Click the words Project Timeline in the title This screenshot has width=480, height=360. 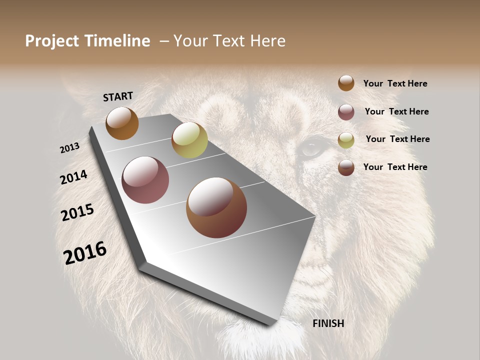point(87,41)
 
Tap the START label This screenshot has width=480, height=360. point(118,96)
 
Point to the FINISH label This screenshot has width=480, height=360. point(328,323)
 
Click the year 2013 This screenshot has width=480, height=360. point(69,148)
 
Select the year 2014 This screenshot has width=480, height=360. point(73,177)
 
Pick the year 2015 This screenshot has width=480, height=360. point(77,212)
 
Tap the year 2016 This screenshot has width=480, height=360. point(85,253)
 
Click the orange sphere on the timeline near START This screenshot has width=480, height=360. point(122,123)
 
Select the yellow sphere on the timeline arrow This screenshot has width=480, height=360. point(189,140)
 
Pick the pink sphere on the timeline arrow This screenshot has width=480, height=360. point(145,180)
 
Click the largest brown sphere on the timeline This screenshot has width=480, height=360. point(216,207)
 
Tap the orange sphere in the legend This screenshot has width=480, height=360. point(346,83)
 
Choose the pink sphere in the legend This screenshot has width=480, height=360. point(346,112)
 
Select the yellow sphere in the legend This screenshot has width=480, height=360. point(346,140)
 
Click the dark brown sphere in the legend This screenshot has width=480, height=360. point(346,167)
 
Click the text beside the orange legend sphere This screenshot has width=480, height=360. point(395,83)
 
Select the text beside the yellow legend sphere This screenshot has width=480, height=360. point(397,139)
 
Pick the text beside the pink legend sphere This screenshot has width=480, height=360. point(396,111)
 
